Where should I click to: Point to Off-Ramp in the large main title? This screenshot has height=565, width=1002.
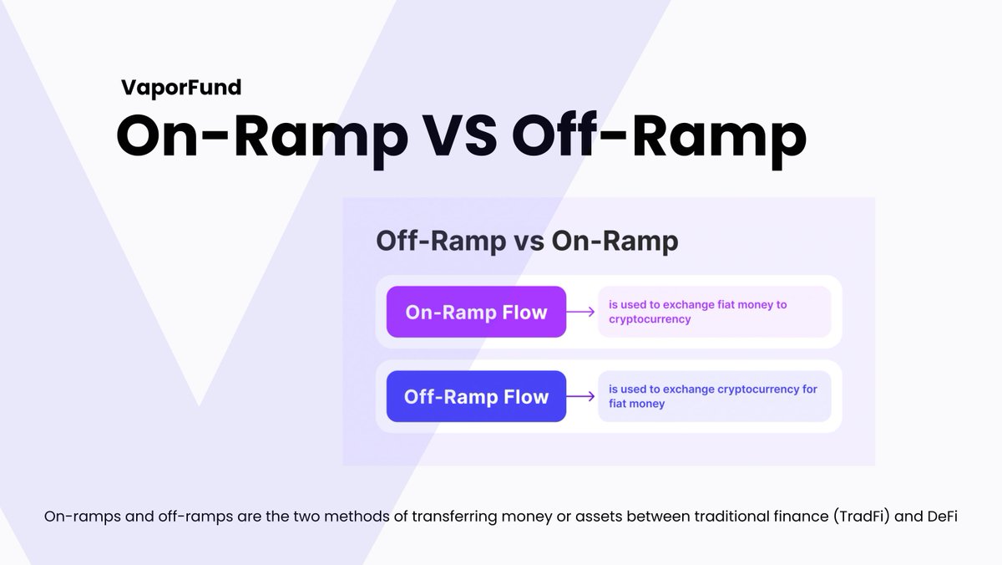(x=660, y=135)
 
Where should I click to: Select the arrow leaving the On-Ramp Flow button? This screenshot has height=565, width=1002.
(x=581, y=313)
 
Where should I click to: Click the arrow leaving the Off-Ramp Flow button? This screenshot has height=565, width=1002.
(x=581, y=396)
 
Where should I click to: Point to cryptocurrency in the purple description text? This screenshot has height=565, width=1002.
(x=650, y=319)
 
